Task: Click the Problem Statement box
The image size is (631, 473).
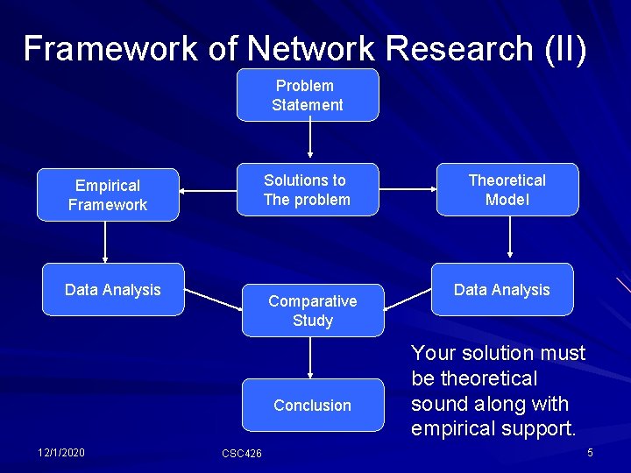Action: [308, 95]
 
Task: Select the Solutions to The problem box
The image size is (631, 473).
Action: [308, 189]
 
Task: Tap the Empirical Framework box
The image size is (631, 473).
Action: [108, 194]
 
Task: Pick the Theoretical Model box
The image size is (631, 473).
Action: [507, 189]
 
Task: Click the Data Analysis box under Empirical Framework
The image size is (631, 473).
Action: [112, 289]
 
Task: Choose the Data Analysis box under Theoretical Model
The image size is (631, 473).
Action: [502, 289]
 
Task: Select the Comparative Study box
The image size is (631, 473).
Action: [313, 310]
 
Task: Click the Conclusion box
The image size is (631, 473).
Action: [313, 405]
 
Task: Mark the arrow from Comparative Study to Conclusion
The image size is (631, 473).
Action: [310, 357]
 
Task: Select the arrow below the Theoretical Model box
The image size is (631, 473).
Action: [510, 238]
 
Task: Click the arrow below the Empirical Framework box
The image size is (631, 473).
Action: [105, 241]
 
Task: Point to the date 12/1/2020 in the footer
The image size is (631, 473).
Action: [61, 452]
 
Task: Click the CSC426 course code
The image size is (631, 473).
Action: [241, 453]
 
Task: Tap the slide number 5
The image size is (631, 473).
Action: [590, 452]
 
